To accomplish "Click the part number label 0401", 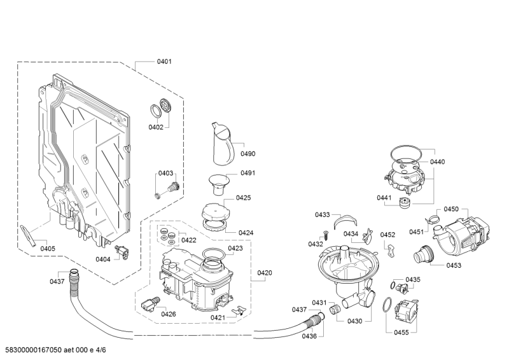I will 164,62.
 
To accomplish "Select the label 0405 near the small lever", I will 47,248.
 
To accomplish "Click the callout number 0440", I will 437,162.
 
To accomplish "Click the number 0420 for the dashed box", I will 265,273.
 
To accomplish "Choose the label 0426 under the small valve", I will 168,314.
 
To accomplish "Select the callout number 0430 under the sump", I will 354,321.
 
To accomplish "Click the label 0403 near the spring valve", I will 165,173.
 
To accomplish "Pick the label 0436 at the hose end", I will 309,335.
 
